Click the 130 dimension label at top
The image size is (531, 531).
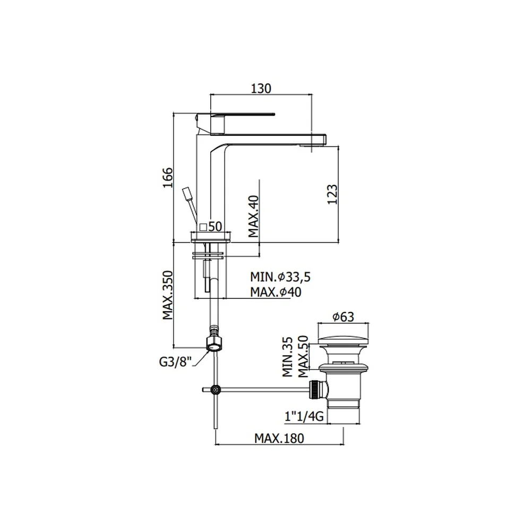[261, 88]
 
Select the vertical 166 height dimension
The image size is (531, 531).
[168, 177]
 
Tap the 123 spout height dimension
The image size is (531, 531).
[332, 194]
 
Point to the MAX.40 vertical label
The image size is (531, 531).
[254, 217]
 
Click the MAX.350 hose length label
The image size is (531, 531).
[168, 295]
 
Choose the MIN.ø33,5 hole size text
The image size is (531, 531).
[280, 277]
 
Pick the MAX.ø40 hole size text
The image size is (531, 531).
[276, 292]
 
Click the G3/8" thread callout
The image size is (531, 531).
[175, 362]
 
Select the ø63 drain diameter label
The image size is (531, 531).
[343, 317]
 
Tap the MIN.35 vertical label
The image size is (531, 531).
[287, 357]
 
